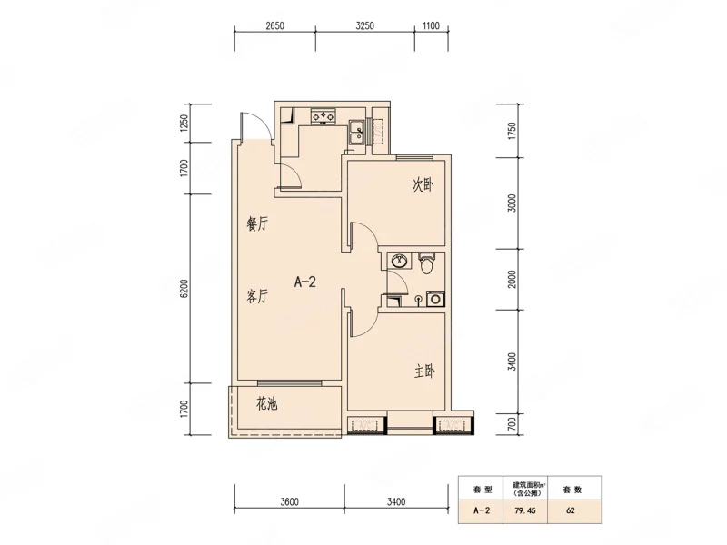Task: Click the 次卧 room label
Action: click(423, 185)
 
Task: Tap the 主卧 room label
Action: click(424, 372)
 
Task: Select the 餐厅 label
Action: click(257, 224)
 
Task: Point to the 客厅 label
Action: click(257, 296)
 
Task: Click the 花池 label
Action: click(266, 404)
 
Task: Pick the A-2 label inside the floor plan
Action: click(305, 282)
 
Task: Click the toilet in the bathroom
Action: click(426, 263)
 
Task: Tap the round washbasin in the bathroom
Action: click(399, 261)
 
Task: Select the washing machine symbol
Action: click(435, 299)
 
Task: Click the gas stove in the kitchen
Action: click(324, 116)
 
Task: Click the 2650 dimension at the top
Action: click(275, 25)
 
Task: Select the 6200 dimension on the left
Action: click(184, 288)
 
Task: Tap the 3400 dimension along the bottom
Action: click(396, 501)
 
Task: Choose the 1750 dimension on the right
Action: click(512, 131)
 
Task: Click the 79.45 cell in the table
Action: click(525, 510)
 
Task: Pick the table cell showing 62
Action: click(571, 510)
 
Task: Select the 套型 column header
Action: click(483, 490)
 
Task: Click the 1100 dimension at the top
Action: click(431, 25)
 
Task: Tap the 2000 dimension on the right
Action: click(512, 279)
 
